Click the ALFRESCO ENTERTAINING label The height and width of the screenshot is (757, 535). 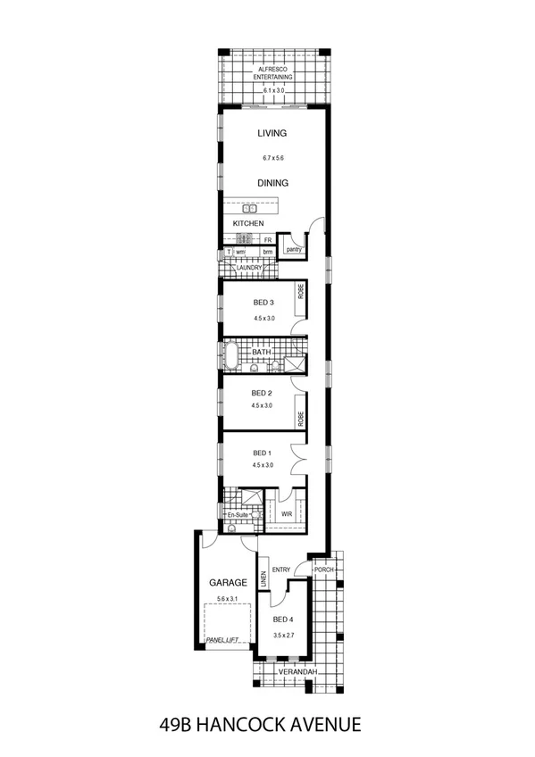(x=272, y=73)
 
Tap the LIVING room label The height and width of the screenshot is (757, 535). (x=272, y=133)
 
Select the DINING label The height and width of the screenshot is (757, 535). (x=272, y=183)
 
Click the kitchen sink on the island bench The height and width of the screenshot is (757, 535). (x=250, y=208)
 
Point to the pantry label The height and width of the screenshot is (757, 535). (x=294, y=249)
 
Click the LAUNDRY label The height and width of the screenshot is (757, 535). (x=249, y=267)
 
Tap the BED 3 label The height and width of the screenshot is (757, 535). (x=263, y=304)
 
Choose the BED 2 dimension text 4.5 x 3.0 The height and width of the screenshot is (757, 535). (x=262, y=405)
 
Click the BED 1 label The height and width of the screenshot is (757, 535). (x=262, y=452)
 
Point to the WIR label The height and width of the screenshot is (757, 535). (x=287, y=514)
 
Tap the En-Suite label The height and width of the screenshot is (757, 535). (x=237, y=515)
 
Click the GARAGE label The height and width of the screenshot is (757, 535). (x=228, y=582)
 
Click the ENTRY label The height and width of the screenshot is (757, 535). (x=281, y=570)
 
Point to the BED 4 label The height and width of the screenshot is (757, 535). (x=282, y=620)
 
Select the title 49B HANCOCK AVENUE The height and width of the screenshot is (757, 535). (x=267, y=721)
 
